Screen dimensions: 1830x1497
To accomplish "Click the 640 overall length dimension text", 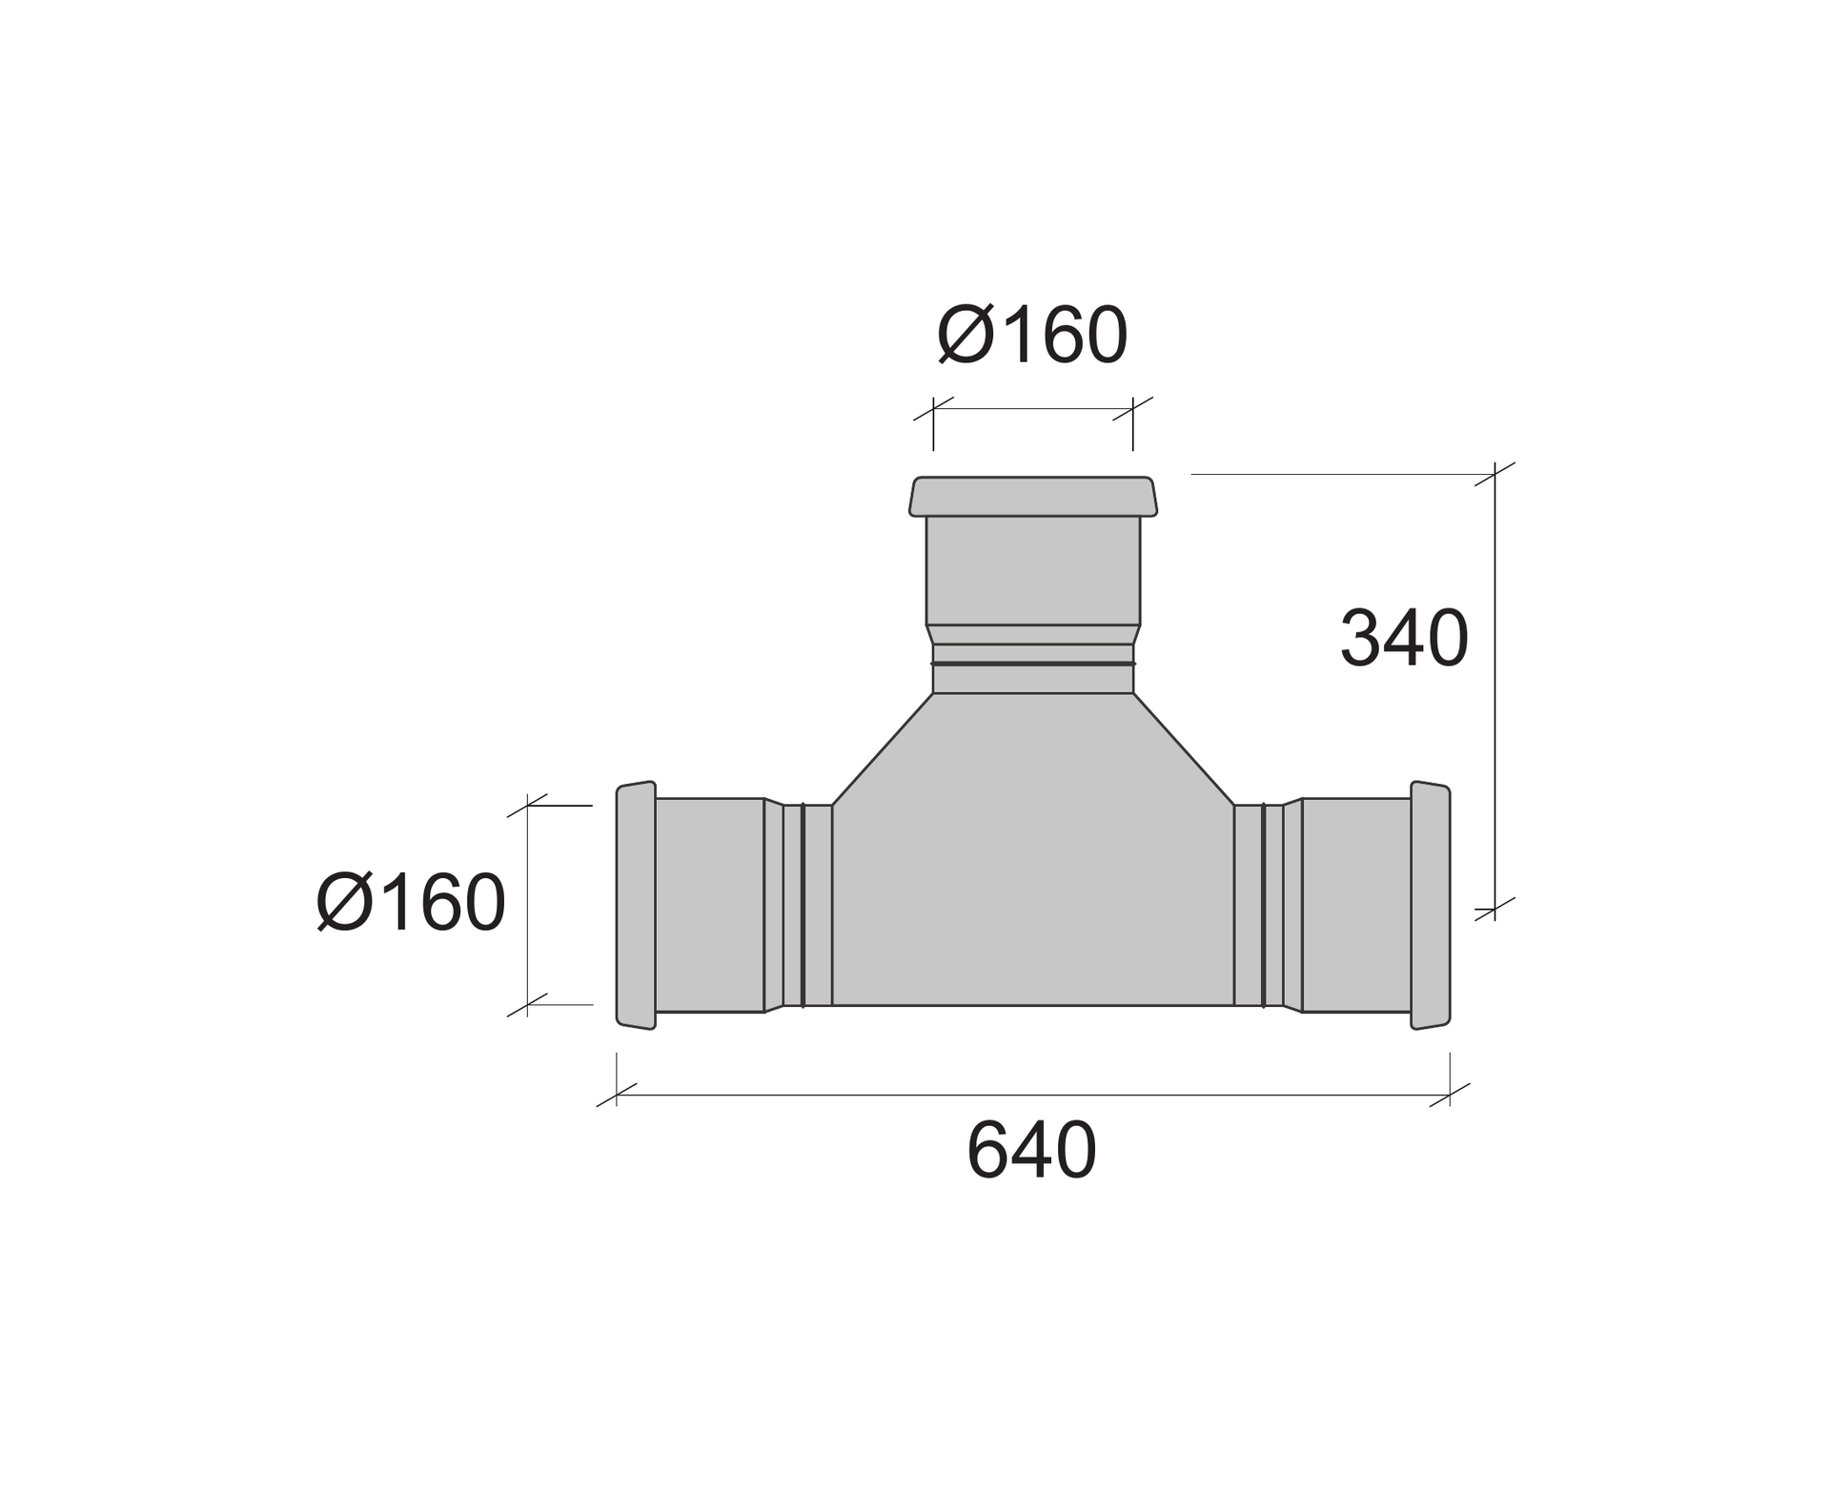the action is [x=1031, y=1150].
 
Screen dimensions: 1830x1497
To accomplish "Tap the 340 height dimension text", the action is [x=1404, y=638].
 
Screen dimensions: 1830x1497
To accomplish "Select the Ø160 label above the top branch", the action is [x=1032, y=336].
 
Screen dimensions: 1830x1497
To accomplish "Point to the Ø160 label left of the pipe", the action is [x=411, y=902].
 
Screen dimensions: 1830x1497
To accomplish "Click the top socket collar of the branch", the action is [x=1033, y=497].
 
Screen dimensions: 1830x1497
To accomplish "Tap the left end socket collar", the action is [x=636, y=905].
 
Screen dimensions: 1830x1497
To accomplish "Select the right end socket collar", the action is [x=1431, y=905].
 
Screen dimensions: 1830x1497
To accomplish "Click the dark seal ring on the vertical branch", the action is [x=1033, y=663].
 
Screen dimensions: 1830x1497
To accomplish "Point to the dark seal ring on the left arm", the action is [x=803, y=905].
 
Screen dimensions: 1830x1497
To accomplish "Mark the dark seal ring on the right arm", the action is [x=1264, y=905].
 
